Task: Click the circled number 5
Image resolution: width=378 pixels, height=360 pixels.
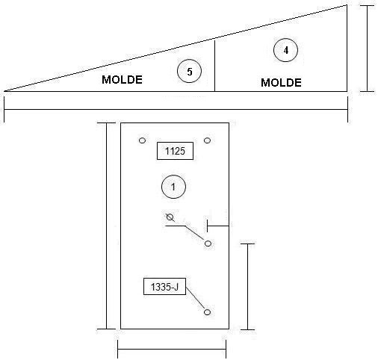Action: point(189,71)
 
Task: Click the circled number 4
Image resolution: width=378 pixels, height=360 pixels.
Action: point(285,50)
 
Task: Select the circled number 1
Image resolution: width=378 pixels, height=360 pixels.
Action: point(173,187)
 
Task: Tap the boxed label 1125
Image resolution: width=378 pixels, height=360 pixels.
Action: point(175,151)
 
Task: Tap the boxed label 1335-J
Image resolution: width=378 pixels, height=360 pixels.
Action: point(164,287)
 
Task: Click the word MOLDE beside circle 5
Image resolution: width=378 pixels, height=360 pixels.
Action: point(122,80)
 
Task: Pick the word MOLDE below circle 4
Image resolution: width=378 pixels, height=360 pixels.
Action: point(281,83)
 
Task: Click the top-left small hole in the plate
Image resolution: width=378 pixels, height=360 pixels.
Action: point(142,140)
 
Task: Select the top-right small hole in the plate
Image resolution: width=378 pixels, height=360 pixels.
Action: point(207,140)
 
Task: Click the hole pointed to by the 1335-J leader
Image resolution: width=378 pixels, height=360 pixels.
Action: point(207,312)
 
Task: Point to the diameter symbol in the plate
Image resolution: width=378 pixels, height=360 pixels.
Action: point(170,217)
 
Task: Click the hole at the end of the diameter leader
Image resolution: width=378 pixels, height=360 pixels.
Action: point(208,243)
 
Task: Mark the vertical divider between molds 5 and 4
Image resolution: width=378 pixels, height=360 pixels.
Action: point(214,66)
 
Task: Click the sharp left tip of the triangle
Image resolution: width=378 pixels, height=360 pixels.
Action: point(4,91)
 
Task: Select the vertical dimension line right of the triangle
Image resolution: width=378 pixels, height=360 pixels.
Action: point(367,49)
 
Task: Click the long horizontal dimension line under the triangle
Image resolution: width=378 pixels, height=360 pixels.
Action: point(176,109)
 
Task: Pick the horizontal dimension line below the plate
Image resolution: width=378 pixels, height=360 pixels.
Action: point(172,350)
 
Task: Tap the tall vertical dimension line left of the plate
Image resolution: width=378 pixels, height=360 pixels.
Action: point(107,226)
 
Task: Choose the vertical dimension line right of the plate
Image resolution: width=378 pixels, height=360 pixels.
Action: point(247,287)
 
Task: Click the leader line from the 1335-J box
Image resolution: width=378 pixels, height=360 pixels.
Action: point(195,298)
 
